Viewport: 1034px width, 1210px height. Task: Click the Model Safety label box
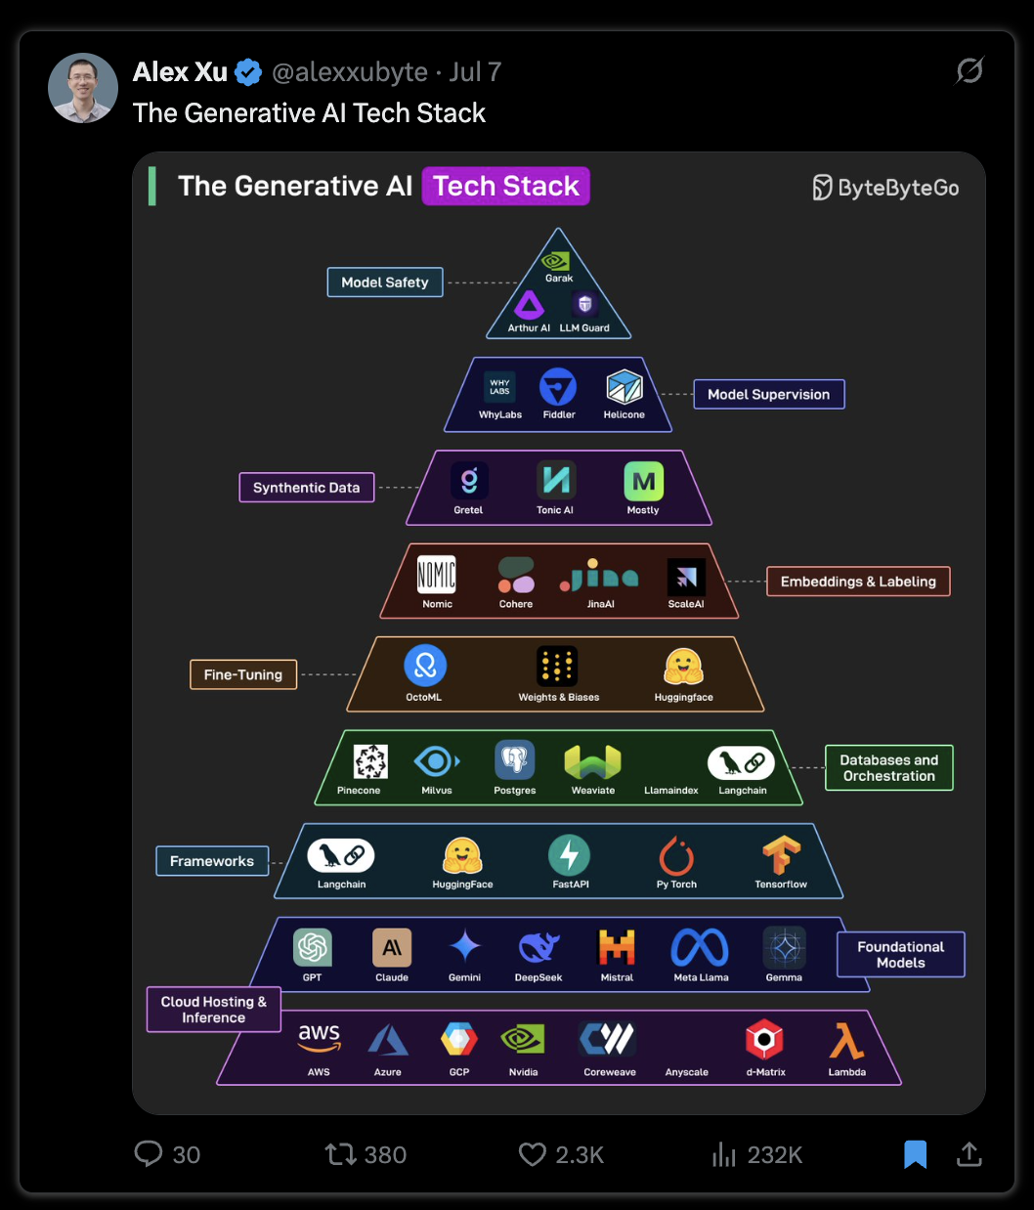[385, 282]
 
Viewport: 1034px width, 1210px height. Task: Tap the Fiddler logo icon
[557, 387]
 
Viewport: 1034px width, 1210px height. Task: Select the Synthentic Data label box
[306, 487]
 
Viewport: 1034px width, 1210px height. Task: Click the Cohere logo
[516, 575]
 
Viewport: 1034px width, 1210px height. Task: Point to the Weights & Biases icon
[557, 667]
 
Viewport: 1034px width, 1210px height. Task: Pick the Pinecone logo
[370, 761]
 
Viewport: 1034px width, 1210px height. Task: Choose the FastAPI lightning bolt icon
[569, 854]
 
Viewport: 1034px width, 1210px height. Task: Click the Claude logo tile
[392, 948]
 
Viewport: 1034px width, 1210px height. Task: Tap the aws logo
[320, 1039]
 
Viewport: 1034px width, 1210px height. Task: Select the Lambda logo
[846, 1041]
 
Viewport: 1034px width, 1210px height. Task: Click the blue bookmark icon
[915, 1154]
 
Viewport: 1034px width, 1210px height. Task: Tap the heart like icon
[533, 1154]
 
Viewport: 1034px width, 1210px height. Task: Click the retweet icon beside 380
[341, 1154]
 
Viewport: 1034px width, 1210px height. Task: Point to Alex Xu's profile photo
[82, 88]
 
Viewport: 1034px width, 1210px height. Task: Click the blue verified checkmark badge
[248, 72]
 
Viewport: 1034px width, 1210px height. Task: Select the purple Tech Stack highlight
[506, 186]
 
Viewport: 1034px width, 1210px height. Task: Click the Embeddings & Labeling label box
[858, 581]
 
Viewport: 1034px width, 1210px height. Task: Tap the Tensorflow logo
[781, 855]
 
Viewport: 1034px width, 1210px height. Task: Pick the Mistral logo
[616, 946]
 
